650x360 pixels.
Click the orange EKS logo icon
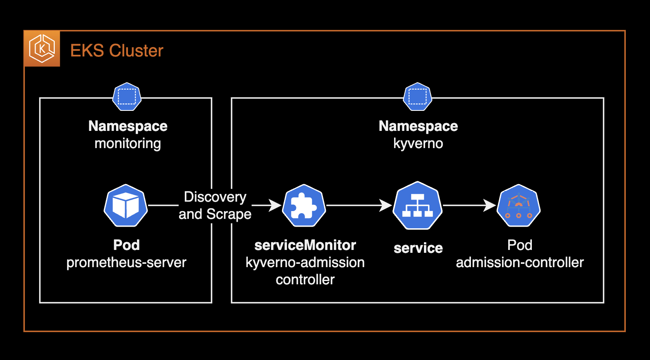[42, 49]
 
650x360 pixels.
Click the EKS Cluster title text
[117, 51]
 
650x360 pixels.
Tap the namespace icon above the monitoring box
[127, 97]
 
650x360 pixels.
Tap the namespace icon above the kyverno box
[417, 97]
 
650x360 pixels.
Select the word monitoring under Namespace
[128, 144]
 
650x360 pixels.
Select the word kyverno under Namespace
[418, 144]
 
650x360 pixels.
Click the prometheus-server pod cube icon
[126, 205]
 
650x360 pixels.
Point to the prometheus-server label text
[126, 262]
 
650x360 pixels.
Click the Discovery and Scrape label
[215, 205]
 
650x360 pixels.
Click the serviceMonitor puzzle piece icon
[304, 205]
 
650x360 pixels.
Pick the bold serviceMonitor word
[305, 245]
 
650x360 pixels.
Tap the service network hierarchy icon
[417, 205]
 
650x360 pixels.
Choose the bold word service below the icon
[418, 248]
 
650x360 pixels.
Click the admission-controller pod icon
[519, 205]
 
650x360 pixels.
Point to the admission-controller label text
[520, 262]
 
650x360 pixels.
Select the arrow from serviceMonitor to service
[359, 205]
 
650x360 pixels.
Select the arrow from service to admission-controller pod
[469, 205]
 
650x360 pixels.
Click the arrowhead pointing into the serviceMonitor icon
[275, 205]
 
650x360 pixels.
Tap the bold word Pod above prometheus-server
[126, 245]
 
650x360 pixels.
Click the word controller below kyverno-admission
[305, 280]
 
